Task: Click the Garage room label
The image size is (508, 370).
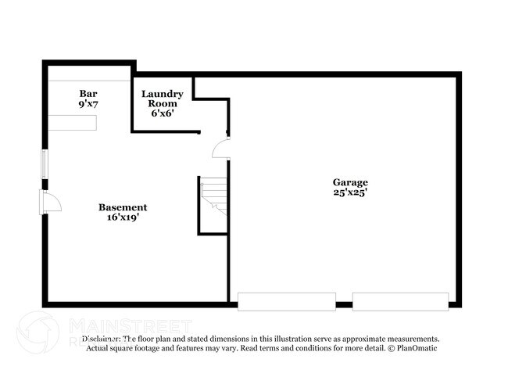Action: (349, 182)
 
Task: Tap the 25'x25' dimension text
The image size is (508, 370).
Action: (349, 192)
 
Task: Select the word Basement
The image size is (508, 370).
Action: (123, 207)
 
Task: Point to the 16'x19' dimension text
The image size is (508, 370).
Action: (123, 217)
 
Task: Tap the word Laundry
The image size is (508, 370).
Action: (163, 94)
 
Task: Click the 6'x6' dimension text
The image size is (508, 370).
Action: (163, 113)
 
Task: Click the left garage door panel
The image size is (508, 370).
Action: (287, 301)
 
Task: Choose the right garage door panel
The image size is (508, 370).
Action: (400, 301)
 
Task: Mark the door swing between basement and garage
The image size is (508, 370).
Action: (222, 149)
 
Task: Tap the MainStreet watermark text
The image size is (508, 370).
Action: (130, 325)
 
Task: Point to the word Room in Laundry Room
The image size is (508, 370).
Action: (163, 103)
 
